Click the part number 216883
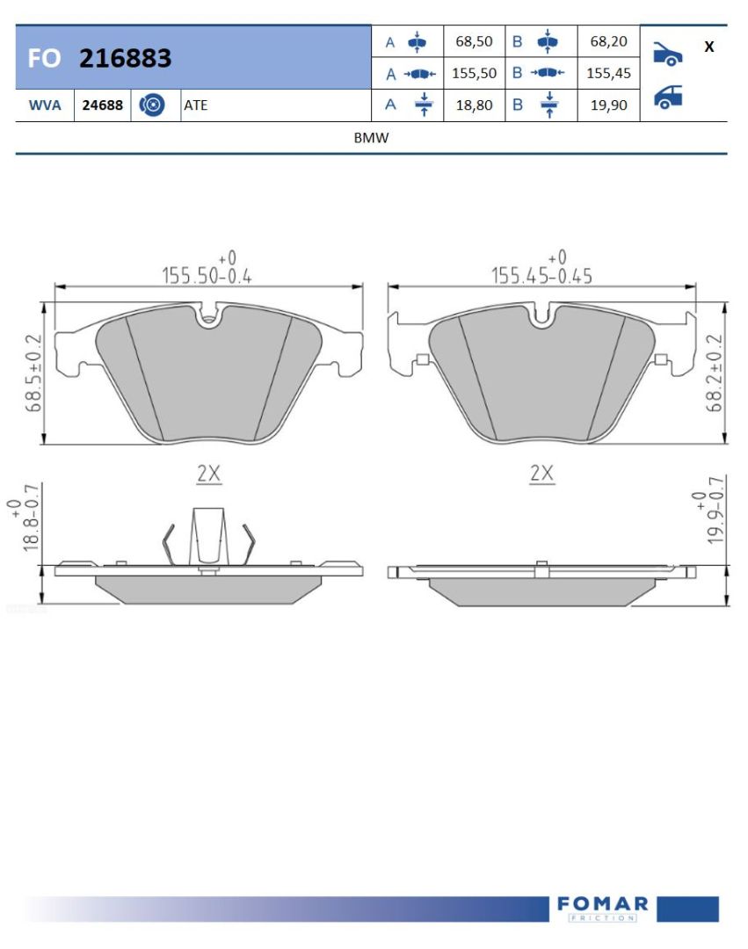pyautogui.click(x=125, y=58)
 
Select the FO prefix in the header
pyautogui.click(x=44, y=59)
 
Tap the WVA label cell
pyautogui.click(x=45, y=105)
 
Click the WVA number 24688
pyautogui.click(x=102, y=105)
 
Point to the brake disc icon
pyautogui.click(x=153, y=105)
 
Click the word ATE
pyautogui.click(x=195, y=105)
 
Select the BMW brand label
pyautogui.click(x=371, y=138)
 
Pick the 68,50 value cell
pyautogui.click(x=474, y=41)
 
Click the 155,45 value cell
pyautogui.click(x=608, y=73)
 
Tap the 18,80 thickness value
pyautogui.click(x=474, y=105)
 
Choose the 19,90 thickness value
pyautogui.click(x=608, y=105)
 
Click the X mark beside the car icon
pyautogui.click(x=708, y=47)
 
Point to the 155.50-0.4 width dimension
pyautogui.click(x=207, y=275)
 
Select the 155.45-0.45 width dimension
pyautogui.click(x=541, y=275)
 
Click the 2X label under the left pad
pyautogui.click(x=208, y=474)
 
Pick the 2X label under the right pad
pyautogui.click(x=542, y=474)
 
